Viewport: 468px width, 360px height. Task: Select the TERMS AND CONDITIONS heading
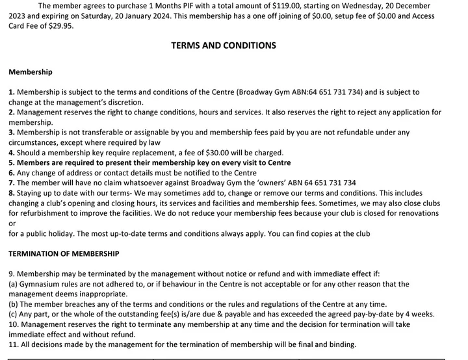coord(223,45)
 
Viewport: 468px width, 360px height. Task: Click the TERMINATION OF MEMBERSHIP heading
coord(64,253)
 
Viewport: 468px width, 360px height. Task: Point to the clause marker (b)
coord(14,304)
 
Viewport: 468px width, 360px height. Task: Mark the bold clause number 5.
coord(11,162)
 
